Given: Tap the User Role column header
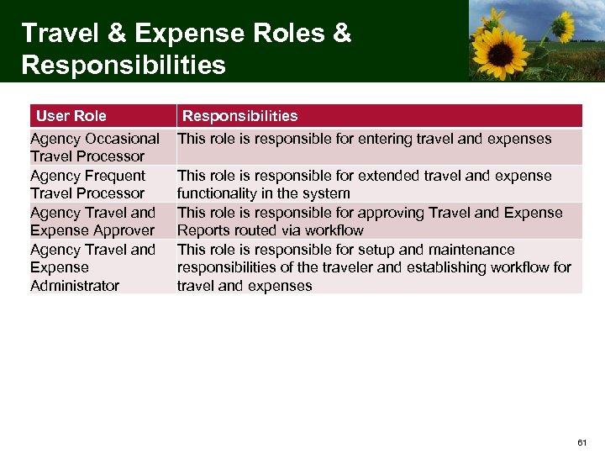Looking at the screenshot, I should point(71,115).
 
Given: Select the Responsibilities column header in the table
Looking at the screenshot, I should point(240,115).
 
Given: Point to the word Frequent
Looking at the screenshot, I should point(113,176).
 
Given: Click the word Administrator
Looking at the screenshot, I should point(75,286).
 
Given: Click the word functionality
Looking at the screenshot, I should point(217,193).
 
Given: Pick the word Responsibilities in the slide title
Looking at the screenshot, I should point(124,65).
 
